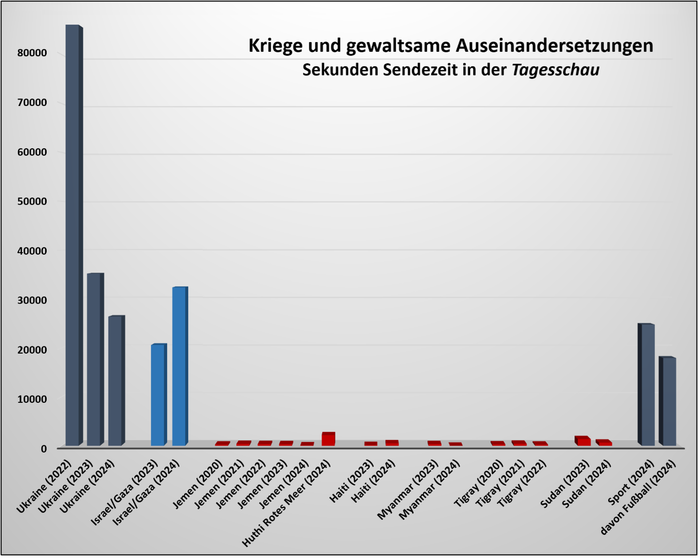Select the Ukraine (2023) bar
[x=94, y=359]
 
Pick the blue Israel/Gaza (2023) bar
[x=157, y=395]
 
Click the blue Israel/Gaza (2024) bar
[x=179, y=366]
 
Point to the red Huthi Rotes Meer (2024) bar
[x=328, y=439]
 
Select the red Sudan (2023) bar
[x=583, y=441]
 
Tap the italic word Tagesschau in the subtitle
[x=555, y=70]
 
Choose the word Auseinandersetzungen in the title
[x=555, y=46]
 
